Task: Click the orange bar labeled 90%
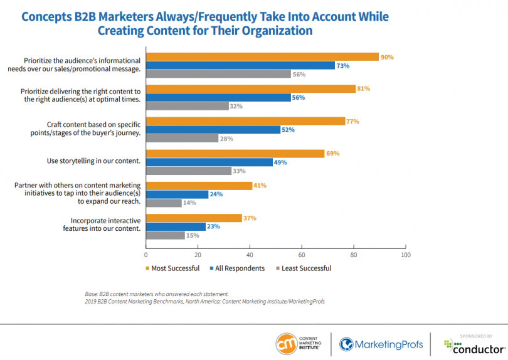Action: (x=262, y=56)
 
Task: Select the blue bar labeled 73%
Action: (x=240, y=65)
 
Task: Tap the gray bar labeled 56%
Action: (x=218, y=74)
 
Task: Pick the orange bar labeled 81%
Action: (x=250, y=89)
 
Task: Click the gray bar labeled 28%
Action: (x=182, y=137)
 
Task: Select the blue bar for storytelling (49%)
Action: (x=209, y=162)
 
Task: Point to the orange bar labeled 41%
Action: (x=199, y=186)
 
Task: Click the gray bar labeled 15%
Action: (x=165, y=235)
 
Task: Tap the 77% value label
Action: (x=352, y=121)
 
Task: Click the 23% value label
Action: (x=213, y=226)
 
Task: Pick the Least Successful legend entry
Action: (x=303, y=268)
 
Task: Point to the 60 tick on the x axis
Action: (x=302, y=255)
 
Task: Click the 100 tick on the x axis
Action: (x=405, y=255)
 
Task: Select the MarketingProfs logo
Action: (x=381, y=344)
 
